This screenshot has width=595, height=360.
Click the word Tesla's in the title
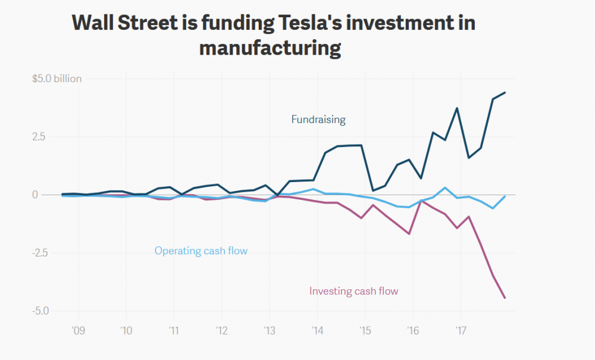[314, 23]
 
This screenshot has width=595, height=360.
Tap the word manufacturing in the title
[270, 48]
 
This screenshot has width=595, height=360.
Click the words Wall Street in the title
[124, 23]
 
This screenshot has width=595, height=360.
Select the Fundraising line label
[318, 120]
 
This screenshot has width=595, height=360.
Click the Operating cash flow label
[201, 251]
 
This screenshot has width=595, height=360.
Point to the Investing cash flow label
[353, 292]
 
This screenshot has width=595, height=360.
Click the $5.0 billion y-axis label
[57, 79]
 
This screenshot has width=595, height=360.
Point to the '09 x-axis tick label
[78, 330]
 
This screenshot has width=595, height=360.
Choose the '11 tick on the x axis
[173, 330]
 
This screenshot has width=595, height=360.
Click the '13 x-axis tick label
[269, 330]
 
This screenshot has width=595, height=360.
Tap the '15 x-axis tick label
[365, 330]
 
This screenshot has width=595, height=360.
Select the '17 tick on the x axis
[460, 330]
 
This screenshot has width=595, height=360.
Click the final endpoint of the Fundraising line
[505, 93]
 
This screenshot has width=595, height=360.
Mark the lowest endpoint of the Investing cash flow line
[505, 298]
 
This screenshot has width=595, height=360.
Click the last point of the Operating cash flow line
[505, 196]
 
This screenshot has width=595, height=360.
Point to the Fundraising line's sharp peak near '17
[457, 108]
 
